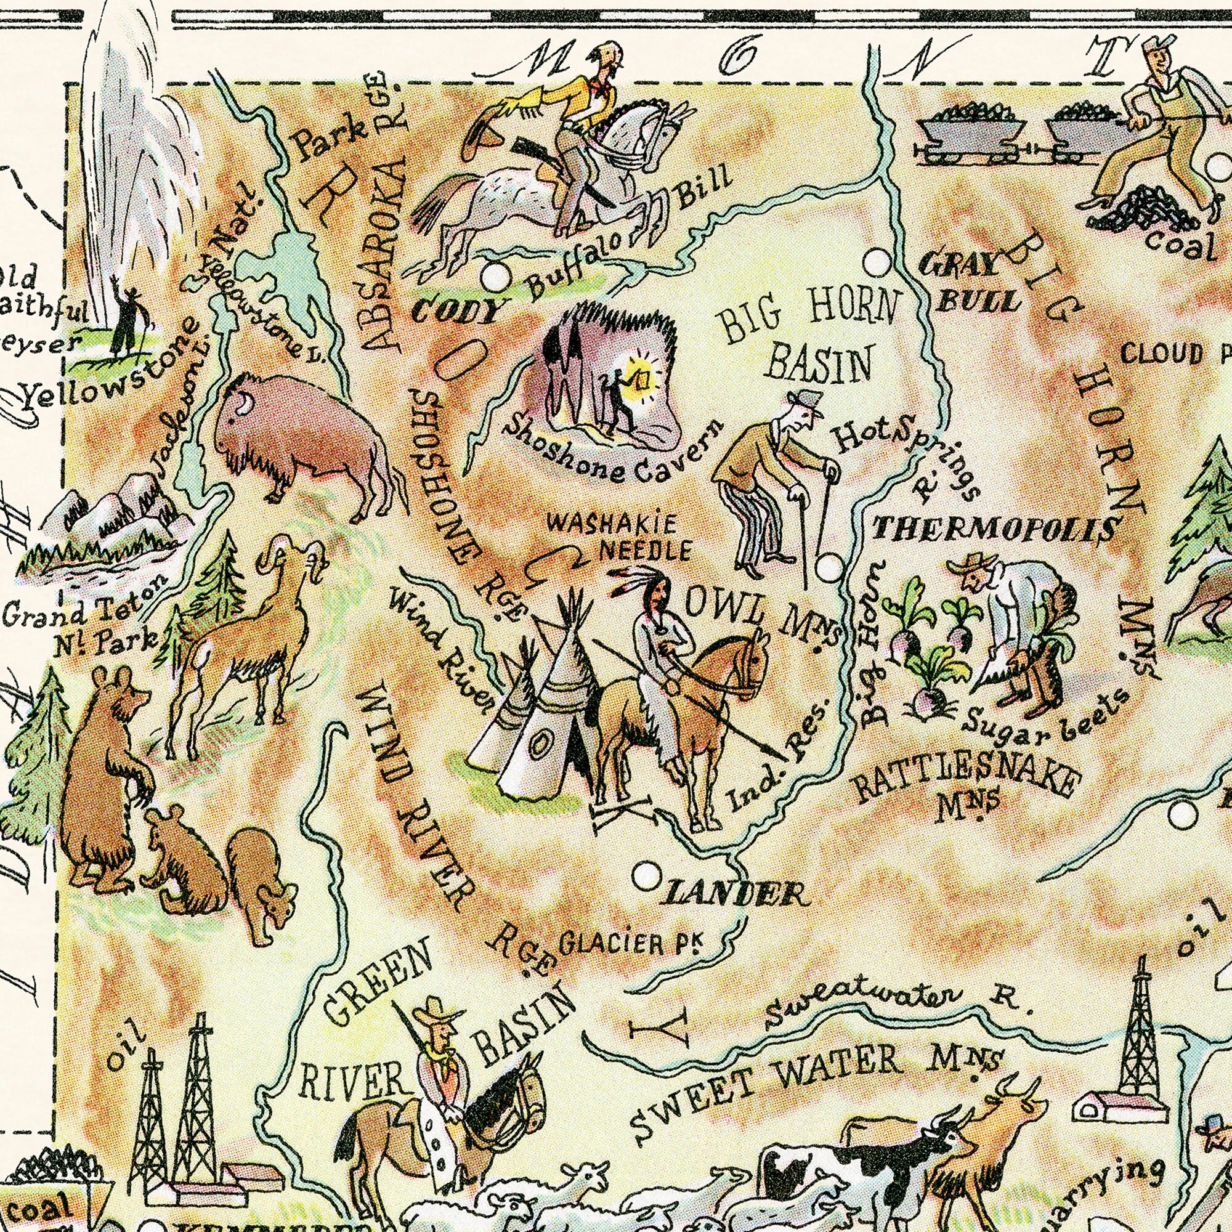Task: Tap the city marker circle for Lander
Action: point(646,875)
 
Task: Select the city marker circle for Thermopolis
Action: point(829,567)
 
